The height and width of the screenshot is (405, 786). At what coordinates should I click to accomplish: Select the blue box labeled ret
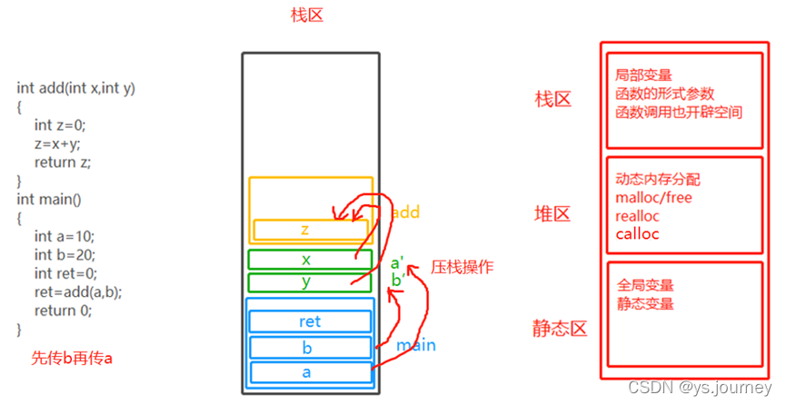click(310, 321)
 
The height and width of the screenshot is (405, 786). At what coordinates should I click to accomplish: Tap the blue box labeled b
click(310, 347)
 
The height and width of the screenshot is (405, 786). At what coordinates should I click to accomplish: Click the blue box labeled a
click(310, 371)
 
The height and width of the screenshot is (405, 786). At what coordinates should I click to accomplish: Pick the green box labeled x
click(306, 260)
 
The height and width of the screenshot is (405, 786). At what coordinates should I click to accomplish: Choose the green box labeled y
click(306, 282)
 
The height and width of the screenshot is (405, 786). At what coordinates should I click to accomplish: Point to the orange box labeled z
click(304, 230)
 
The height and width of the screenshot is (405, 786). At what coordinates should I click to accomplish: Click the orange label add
click(405, 212)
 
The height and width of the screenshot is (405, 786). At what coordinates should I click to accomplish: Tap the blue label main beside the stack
click(415, 345)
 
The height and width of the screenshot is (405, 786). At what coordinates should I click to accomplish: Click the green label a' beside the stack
click(397, 264)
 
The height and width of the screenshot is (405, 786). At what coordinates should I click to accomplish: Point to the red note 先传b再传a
click(72, 358)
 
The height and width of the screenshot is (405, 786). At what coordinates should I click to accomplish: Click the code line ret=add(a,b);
click(78, 291)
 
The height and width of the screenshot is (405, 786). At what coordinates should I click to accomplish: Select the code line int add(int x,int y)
click(76, 88)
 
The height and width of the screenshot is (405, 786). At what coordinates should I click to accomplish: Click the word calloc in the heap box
click(637, 234)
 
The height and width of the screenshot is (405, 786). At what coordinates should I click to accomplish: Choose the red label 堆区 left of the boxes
click(552, 214)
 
